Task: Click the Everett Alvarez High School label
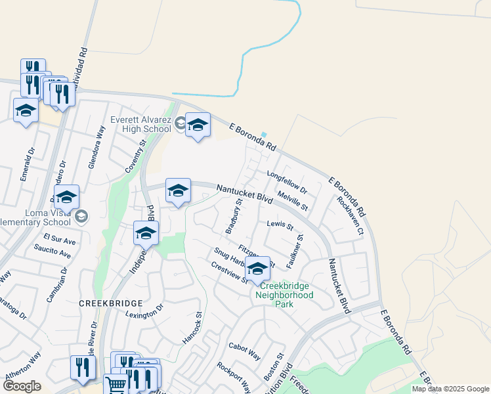click(140, 123)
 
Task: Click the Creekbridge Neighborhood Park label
click(287, 295)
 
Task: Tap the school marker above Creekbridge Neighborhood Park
click(258, 269)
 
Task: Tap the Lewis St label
click(280, 225)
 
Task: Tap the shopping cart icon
click(116, 385)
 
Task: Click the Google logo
click(22, 386)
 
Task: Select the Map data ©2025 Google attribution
click(450, 389)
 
